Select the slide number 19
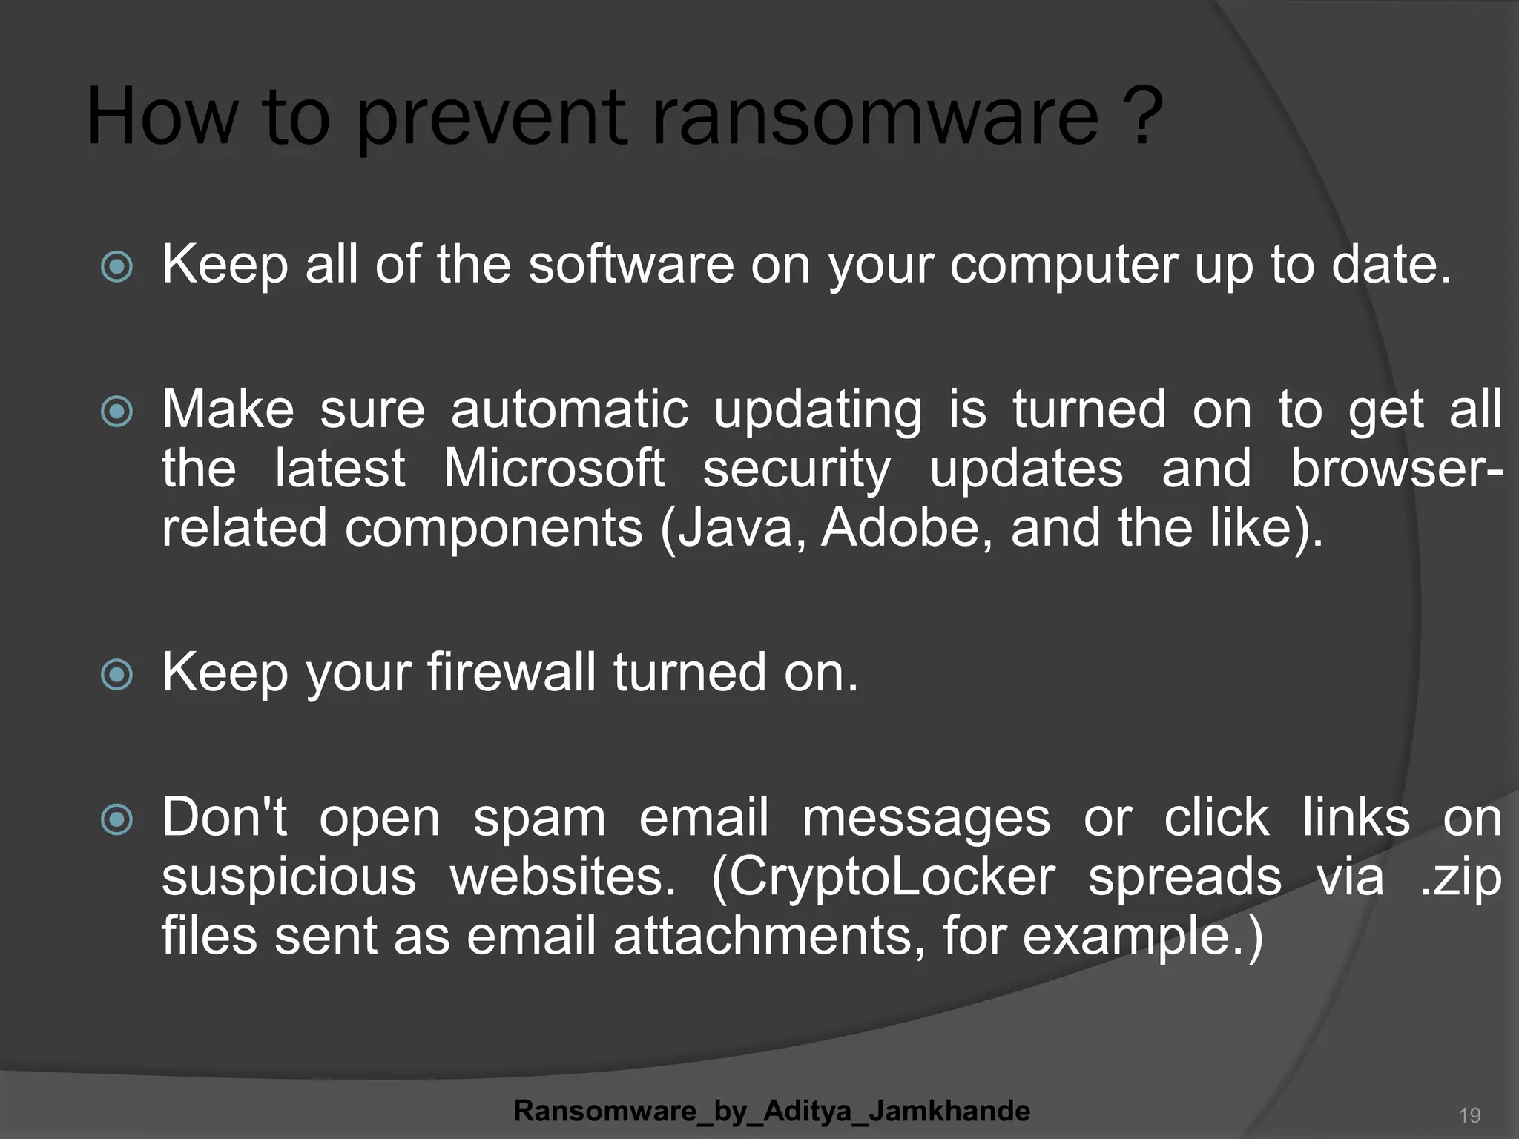(1469, 1115)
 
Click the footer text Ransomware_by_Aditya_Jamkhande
(771, 1111)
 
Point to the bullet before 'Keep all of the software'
(116, 267)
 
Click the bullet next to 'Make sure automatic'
(116, 412)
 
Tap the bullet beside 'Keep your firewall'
(116, 675)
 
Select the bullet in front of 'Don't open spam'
(116, 819)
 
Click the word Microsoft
(553, 469)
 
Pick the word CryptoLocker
(883, 877)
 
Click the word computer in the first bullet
(1064, 265)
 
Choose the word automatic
(570, 410)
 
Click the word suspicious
(289, 877)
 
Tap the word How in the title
(162, 117)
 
